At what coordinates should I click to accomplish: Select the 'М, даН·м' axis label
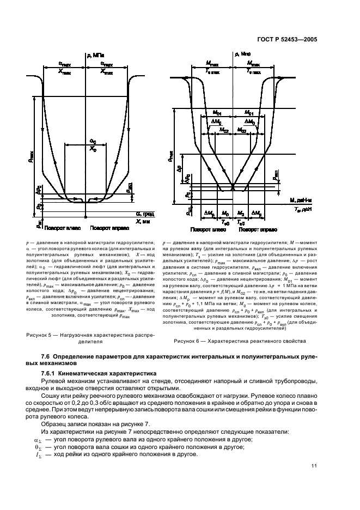click(x=301, y=202)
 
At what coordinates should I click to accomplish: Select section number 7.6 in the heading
click(x=47, y=356)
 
